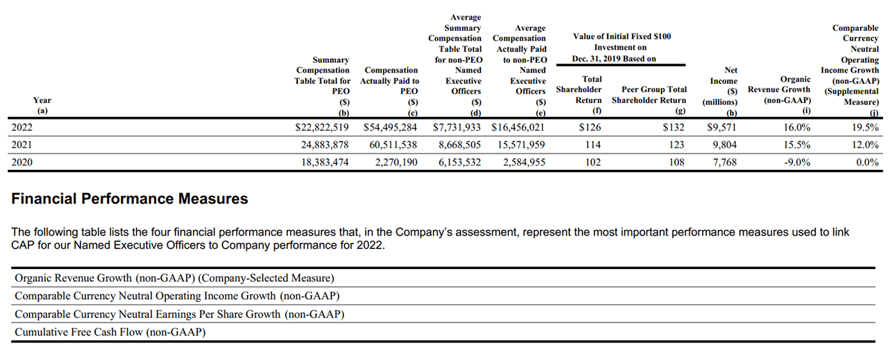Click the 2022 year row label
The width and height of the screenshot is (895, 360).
click(x=22, y=128)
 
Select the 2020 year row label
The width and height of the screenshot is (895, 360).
click(x=22, y=162)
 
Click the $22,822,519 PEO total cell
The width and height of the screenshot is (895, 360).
click(x=322, y=128)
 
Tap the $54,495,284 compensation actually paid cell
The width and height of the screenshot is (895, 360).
click(x=390, y=128)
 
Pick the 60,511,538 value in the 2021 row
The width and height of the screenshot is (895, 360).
click(x=394, y=145)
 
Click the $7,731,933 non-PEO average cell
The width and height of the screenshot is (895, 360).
click(x=457, y=128)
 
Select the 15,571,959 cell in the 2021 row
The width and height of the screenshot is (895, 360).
click(x=518, y=145)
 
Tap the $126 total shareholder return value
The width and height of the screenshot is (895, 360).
click(x=589, y=128)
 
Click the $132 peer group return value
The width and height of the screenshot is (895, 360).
click(x=674, y=128)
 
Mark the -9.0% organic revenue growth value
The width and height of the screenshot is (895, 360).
click(x=796, y=162)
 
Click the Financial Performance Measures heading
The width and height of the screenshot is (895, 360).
click(x=129, y=199)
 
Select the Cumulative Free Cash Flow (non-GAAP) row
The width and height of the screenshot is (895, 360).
click(x=110, y=333)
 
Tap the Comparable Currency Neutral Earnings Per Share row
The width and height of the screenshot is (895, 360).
click(x=180, y=315)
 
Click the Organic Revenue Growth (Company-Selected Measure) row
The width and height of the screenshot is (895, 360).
click(x=174, y=278)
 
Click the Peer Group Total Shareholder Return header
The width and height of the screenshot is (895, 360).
click(x=649, y=95)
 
